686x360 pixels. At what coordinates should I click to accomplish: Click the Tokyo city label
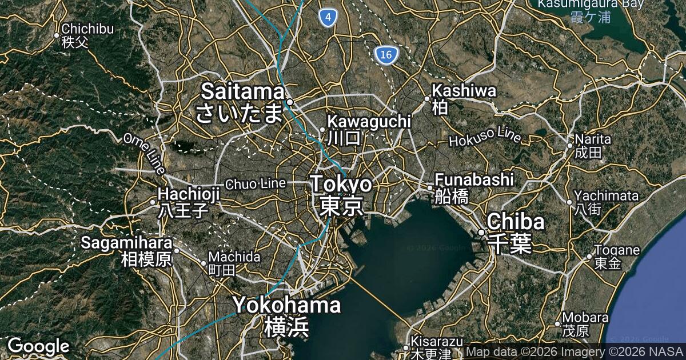(x=341, y=194)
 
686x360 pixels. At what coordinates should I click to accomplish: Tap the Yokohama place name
(x=288, y=315)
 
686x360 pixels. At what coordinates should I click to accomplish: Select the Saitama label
(x=242, y=102)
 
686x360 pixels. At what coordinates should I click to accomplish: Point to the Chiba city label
(x=515, y=231)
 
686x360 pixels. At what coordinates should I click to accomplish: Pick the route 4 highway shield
(x=327, y=18)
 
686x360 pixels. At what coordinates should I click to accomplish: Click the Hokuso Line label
(x=485, y=138)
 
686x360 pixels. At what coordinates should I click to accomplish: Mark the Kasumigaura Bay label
(x=591, y=10)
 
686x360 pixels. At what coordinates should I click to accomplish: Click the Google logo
(x=38, y=346)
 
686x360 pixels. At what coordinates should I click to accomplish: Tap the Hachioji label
(x=189, y=201)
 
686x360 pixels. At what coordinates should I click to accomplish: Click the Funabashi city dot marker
(x=430, y=188)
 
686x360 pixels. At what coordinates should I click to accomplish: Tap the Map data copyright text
(x=574, y=352)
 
